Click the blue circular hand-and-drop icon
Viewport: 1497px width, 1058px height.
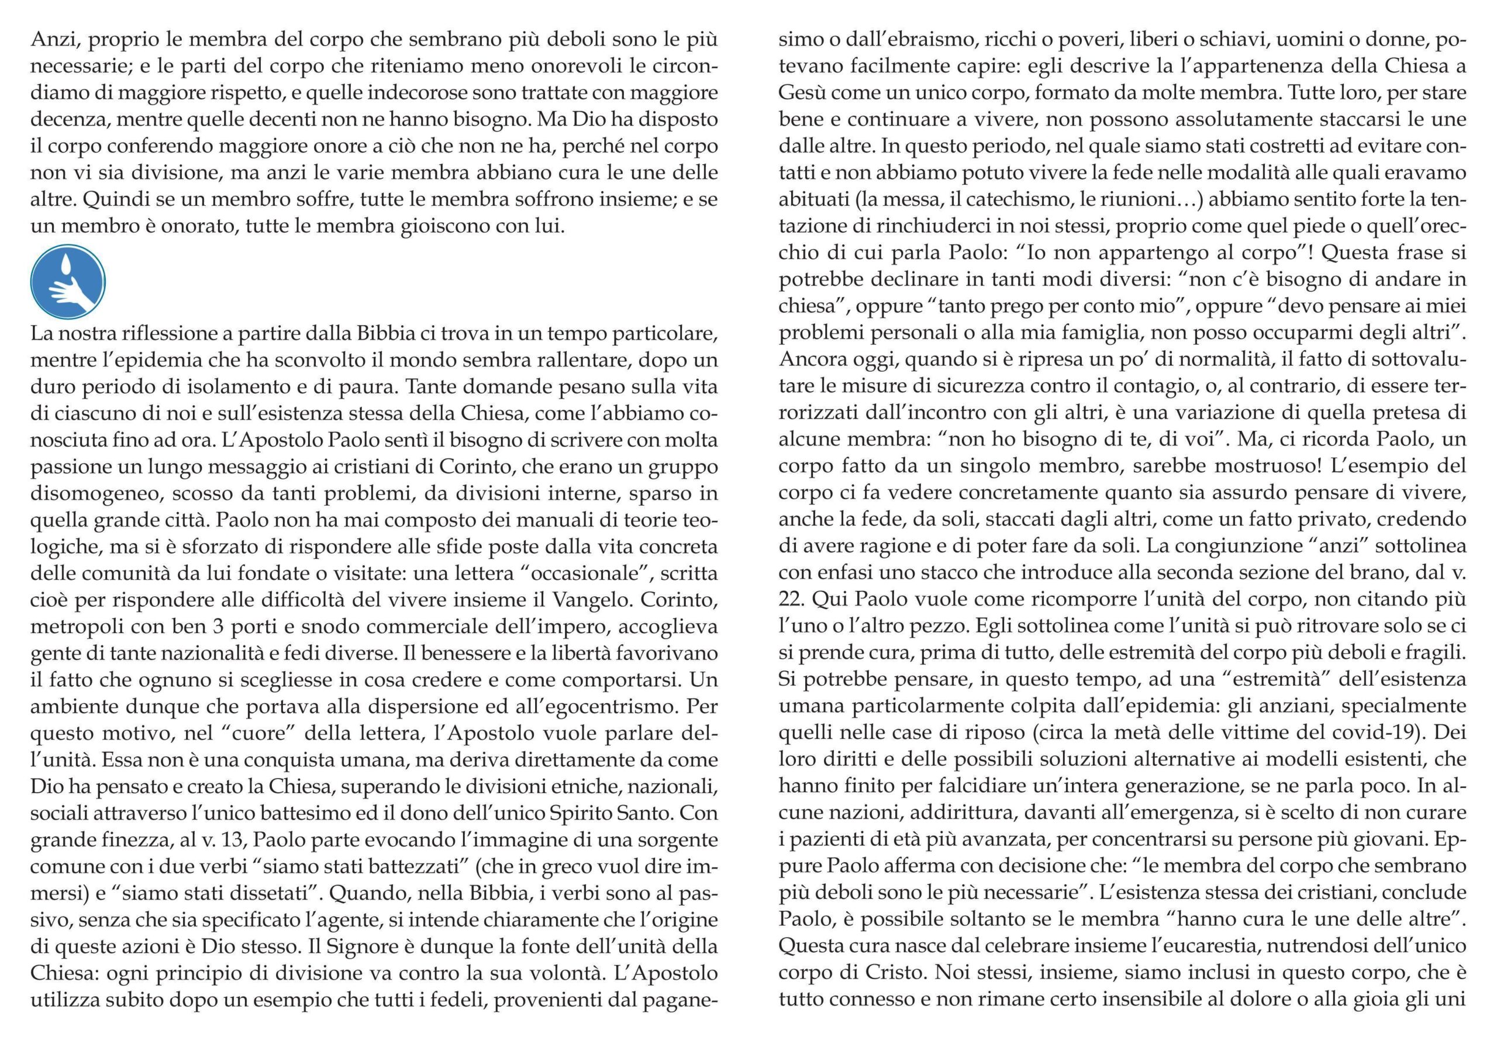coord(68,282)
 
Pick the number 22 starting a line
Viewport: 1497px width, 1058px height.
coord(792,599)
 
